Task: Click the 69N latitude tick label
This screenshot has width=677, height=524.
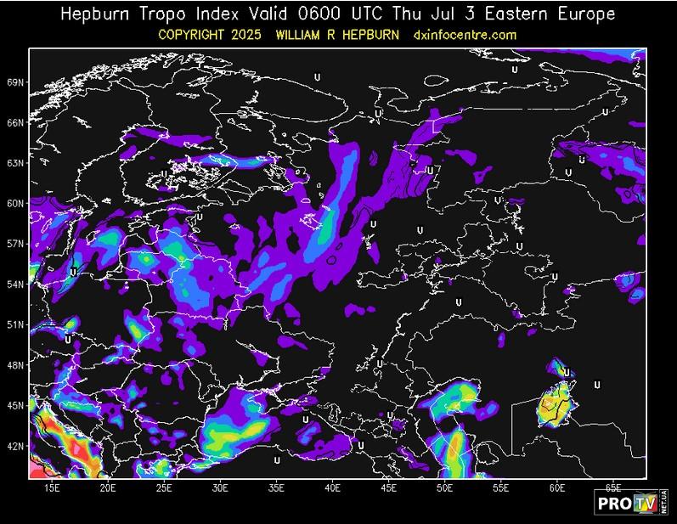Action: tap(14, 82)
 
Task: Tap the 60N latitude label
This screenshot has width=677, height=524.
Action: tap(14, 203)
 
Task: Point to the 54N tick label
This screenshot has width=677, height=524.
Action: tap(14, 285)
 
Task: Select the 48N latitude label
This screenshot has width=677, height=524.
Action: tap(14, 365)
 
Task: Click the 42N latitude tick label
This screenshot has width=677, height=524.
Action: tap(14, 446)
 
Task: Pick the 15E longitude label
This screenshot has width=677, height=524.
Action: tap(51, 488)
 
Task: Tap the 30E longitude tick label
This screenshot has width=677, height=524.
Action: tap(220, 488)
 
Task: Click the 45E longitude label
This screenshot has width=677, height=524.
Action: tap(388, 488)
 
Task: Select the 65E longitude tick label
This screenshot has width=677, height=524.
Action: tap(613, 488)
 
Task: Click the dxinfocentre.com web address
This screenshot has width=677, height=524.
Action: tap(464, 35)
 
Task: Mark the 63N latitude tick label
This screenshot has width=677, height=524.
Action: tap(14, 162)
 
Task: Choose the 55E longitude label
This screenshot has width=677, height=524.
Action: tap(501, 488)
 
